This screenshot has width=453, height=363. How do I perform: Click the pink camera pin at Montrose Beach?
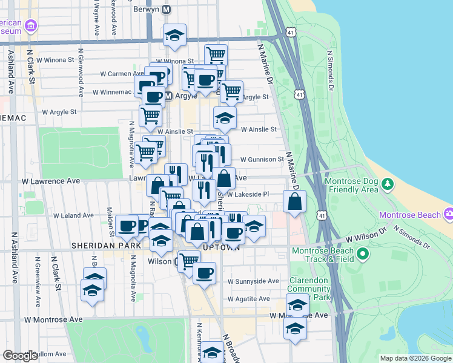click(x=448, y=214)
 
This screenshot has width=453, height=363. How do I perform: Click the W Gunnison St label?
click(x=262, y=159)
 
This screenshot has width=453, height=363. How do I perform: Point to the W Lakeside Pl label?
click(x=248, y=194)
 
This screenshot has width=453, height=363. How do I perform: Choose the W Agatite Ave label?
click(x=249, y=298)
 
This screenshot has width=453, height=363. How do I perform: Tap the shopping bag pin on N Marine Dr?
click(x=294, y=203)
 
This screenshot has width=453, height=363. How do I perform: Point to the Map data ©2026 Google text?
click(x=415, y=358)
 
